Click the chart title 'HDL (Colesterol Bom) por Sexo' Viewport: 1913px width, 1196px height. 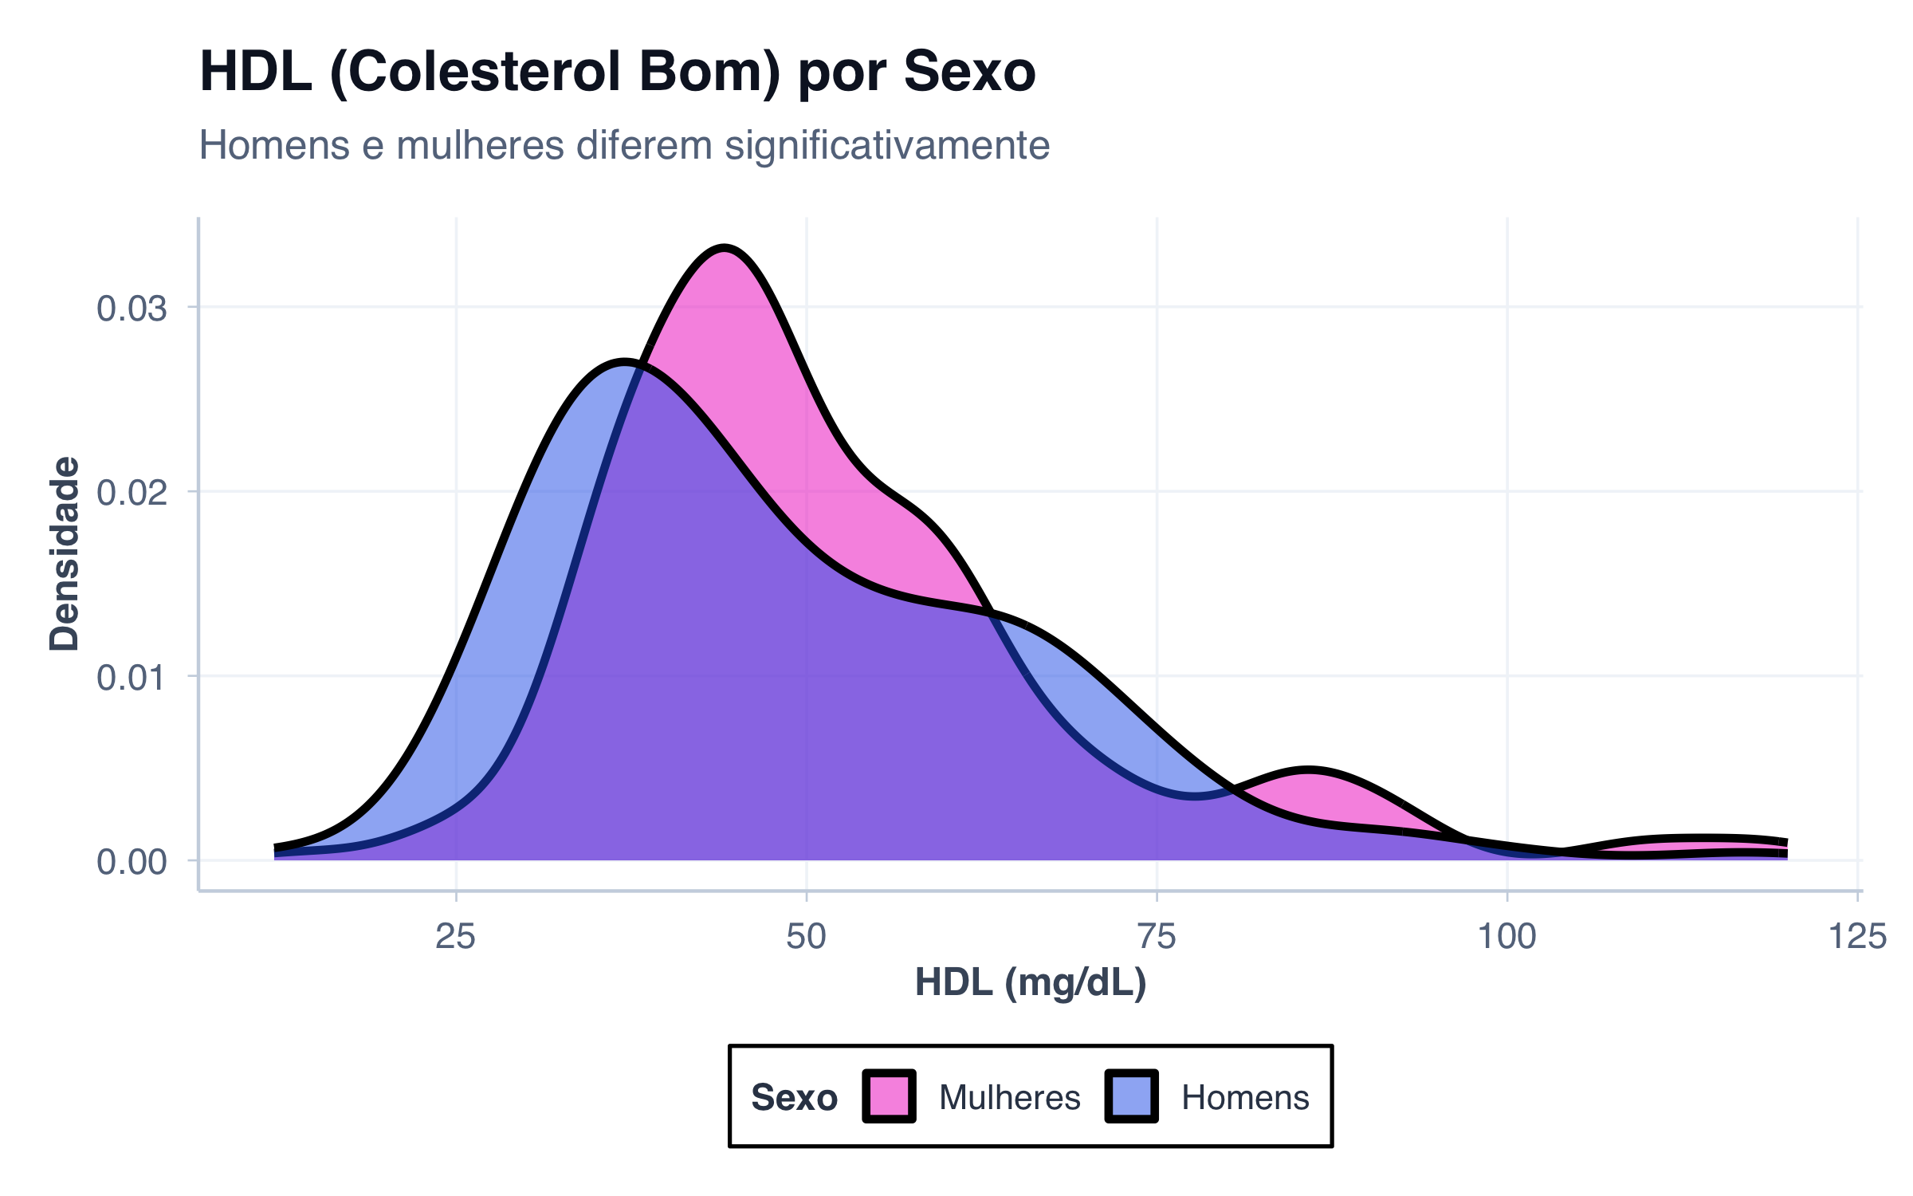tap(617, 72)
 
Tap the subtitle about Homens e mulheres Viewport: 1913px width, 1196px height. tap(623, 145)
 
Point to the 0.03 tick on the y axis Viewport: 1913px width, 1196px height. tap(132, 309)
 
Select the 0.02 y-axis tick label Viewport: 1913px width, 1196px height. tap(132, 493)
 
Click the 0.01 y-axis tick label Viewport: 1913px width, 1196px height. tap(132, 678)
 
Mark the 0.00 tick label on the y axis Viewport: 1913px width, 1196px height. tap(132, 862)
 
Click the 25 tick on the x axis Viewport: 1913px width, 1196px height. tap(455, 936)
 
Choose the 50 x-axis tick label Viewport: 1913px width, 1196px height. tap(806, 936)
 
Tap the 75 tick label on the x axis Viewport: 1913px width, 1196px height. tap(1157, 936)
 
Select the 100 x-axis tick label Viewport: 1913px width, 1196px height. tap(1506, 936)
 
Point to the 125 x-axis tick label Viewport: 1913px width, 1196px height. tap(1857, 936)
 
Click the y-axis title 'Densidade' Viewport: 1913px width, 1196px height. tap(65, 554)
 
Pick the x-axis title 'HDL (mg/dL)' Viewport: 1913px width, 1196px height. tap(1030, 982)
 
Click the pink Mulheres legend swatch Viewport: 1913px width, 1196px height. tap(889, 1096)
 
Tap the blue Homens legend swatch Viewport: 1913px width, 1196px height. tap(1131, 1096)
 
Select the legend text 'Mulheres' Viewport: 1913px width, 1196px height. tap(1009, 1098)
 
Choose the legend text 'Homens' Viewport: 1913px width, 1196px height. tap(1245, 1098)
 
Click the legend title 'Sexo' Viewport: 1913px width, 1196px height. tap(794, 1098)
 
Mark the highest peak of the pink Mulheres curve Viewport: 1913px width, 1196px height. tap(724, 249)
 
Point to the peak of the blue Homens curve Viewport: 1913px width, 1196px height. tap(624, 363)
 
